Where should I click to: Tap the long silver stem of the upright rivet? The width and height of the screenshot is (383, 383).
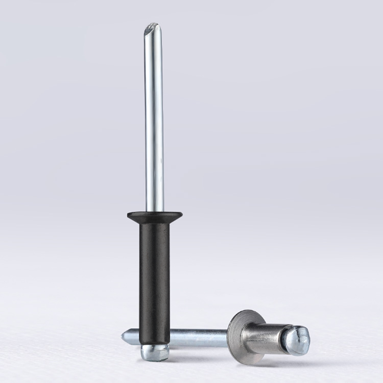pos(153,120)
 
